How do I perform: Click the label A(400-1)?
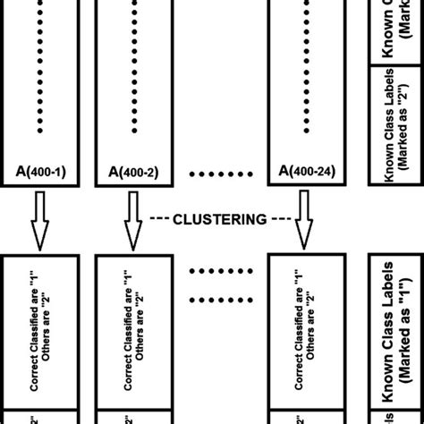38,170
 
